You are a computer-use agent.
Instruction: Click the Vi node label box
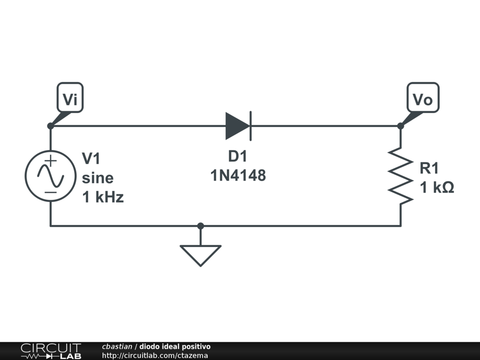[70, 97]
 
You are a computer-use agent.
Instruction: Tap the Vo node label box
[423, 97]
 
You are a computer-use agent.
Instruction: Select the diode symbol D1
[239, 126]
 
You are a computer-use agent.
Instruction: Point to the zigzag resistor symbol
[400, 176]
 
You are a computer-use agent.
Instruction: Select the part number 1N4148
[238, 176]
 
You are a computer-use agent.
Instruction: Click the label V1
[91, 158]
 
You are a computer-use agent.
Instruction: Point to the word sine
[97, 178]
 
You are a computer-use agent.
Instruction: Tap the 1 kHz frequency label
[103, 197]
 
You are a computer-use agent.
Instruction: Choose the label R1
[429, 168]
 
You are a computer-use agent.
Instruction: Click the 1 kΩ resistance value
[437, 188]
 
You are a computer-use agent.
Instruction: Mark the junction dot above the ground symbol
[201, 226]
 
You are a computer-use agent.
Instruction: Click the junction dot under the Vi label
[51, 126]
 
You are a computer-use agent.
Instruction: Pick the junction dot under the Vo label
[400, 126]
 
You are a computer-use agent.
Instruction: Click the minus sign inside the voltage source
[51, 192]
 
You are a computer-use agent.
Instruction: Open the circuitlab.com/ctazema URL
[155, 355]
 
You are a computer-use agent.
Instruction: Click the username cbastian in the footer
[117, 346]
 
